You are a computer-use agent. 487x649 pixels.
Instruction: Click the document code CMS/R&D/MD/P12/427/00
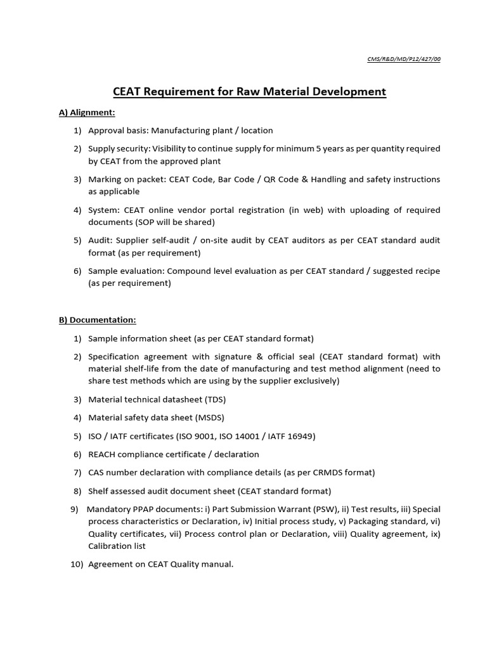coord(403,59)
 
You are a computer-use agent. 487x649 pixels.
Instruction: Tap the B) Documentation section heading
coord(97,320)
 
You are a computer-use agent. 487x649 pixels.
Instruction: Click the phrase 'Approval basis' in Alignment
coord(116,131)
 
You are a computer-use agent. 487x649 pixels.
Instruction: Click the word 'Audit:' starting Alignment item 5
coord(101,241)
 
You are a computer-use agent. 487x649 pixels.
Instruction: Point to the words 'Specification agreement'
coord(135,357)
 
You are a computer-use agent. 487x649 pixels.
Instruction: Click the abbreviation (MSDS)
coord(208,418)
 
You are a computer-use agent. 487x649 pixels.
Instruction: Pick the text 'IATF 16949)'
coord(290,437)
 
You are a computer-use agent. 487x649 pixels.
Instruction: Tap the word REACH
coord(102,454)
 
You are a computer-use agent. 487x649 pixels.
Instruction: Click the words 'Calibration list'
coord(117,546)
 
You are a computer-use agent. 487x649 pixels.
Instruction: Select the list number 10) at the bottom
coord(77,564)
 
